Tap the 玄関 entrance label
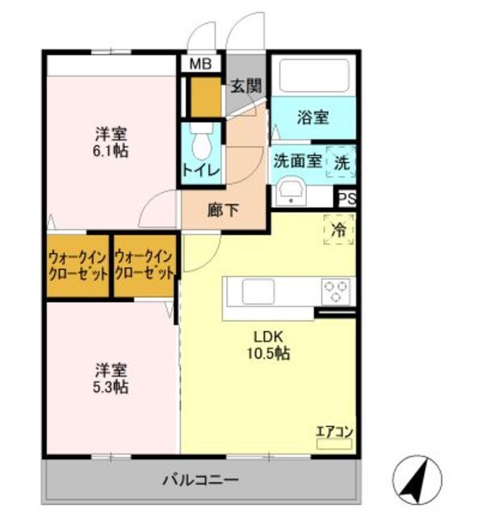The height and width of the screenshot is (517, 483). [246, 86]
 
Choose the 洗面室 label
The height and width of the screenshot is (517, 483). [297, 160]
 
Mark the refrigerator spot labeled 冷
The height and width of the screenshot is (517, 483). [340, 229]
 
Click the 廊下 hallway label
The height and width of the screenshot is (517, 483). [224, 211]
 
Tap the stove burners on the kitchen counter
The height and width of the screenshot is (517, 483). [337, 289]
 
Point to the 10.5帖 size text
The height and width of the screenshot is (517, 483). [268, 353]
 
